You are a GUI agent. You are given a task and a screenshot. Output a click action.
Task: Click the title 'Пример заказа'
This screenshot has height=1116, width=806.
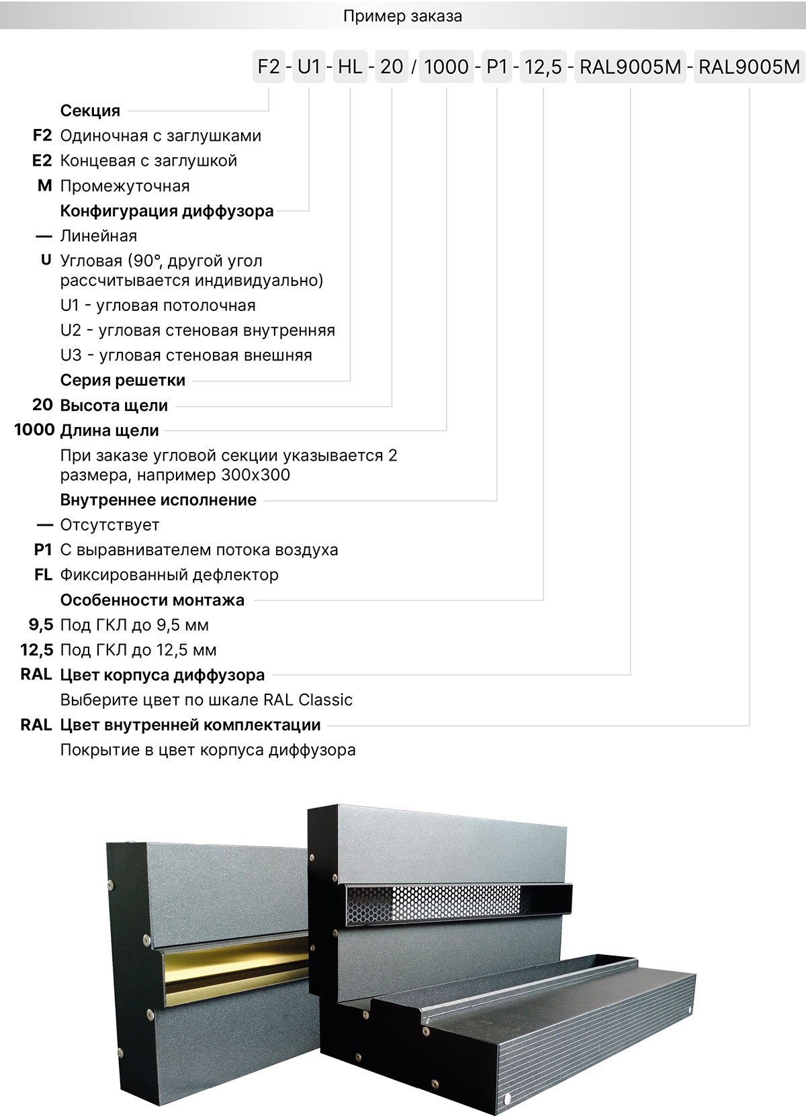(402, 16)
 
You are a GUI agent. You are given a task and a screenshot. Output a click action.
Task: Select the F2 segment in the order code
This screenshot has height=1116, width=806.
(269, 66)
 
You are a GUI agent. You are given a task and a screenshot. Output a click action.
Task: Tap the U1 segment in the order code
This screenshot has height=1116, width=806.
(309, 66)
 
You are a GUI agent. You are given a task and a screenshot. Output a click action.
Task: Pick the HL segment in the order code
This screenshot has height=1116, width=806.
(350, 66)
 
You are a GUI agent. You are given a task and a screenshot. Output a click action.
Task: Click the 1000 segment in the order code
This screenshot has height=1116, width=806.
(447, 66)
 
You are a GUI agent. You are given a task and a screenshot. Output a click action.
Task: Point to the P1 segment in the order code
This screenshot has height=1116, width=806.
(497, 66)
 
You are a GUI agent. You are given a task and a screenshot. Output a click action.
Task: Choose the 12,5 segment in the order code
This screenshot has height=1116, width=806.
(543, 66)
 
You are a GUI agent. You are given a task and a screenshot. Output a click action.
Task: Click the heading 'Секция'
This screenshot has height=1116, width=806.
(90, 111)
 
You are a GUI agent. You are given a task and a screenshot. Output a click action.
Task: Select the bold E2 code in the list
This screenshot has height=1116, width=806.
(42, 161)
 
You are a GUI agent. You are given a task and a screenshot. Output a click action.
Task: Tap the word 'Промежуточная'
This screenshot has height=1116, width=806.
(125, 186)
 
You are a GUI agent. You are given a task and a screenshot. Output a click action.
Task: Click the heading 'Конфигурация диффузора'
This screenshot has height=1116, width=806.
(167, 211)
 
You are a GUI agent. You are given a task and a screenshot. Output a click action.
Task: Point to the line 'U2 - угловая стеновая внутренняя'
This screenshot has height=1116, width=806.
(197, 330)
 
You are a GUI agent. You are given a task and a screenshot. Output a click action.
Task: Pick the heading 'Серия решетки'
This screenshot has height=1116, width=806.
(122, 381)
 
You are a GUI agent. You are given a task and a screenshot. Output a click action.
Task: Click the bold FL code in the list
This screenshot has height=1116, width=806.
(43, 575)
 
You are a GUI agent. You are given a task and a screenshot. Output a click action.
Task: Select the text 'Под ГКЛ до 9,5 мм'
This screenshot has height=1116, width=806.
(134, 625)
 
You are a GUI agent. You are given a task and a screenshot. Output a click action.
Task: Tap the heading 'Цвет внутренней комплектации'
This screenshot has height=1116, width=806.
(190, 725)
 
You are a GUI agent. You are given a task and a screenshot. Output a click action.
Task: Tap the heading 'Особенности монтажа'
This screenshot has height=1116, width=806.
(152, 600)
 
